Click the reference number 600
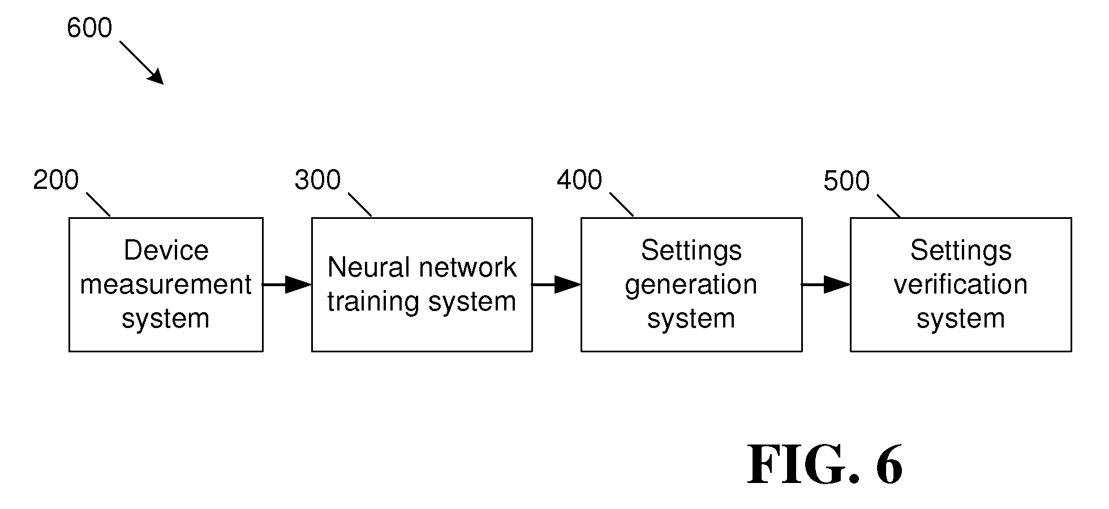coord(89,28)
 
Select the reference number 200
coord(56,180)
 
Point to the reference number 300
coord(317,180)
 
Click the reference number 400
coord(579,180)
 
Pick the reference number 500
coord(846,182)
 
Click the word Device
coord(166,251)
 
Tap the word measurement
coord(166,284)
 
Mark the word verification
coord(961,284)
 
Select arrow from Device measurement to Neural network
coord(287,284)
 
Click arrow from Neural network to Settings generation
coord(557,284)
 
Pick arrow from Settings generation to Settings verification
coord(826,284)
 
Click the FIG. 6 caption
coord(825,464)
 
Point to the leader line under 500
coord(889,206)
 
